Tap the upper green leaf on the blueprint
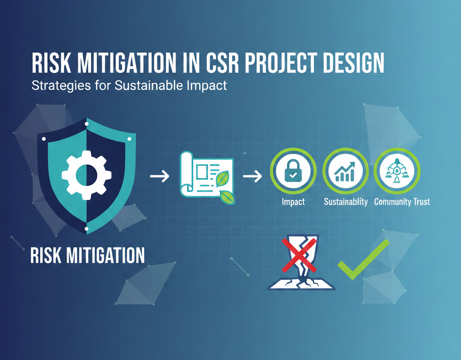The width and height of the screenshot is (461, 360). click(223, 179)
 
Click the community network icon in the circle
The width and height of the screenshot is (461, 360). click(397, 172)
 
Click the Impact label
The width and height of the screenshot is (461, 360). click(293, 202)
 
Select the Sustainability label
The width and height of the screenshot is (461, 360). click(346, 202)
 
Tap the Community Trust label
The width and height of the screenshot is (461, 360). click(402, 202)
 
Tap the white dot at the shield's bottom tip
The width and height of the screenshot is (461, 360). click(86, 229)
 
